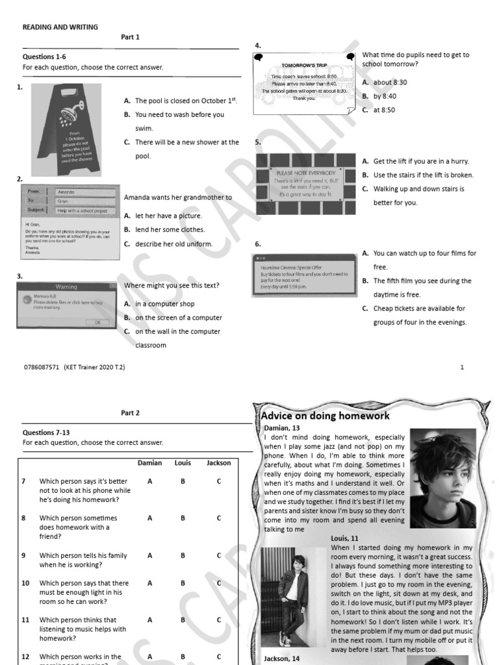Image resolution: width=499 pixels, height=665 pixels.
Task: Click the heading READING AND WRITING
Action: click(60, 27)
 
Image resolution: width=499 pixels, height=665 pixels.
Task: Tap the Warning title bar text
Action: click(66, 286)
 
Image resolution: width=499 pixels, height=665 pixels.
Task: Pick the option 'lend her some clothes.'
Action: click(170, 229)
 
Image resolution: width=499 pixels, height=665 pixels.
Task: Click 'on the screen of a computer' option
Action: click(178, 318)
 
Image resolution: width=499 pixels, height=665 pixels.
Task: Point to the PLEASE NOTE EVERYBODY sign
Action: click(306, 173)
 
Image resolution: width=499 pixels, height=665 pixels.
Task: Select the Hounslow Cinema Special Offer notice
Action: click(304, 275)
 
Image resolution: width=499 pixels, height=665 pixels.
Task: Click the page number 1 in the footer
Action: click(462, 367)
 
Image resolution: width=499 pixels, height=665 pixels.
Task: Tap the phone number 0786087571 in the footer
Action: click(41, 367)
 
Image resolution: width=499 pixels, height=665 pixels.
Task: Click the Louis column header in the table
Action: click(183, 463)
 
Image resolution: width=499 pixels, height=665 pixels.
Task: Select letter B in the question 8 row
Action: click(183, 518)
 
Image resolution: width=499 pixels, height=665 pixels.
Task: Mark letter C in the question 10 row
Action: click(219, 583)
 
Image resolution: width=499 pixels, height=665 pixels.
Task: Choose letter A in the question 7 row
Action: click(150, 481)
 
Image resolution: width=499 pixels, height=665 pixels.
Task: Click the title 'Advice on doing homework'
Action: click(326, 416)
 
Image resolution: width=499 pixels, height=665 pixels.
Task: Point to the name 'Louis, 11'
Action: click(344, 538)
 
